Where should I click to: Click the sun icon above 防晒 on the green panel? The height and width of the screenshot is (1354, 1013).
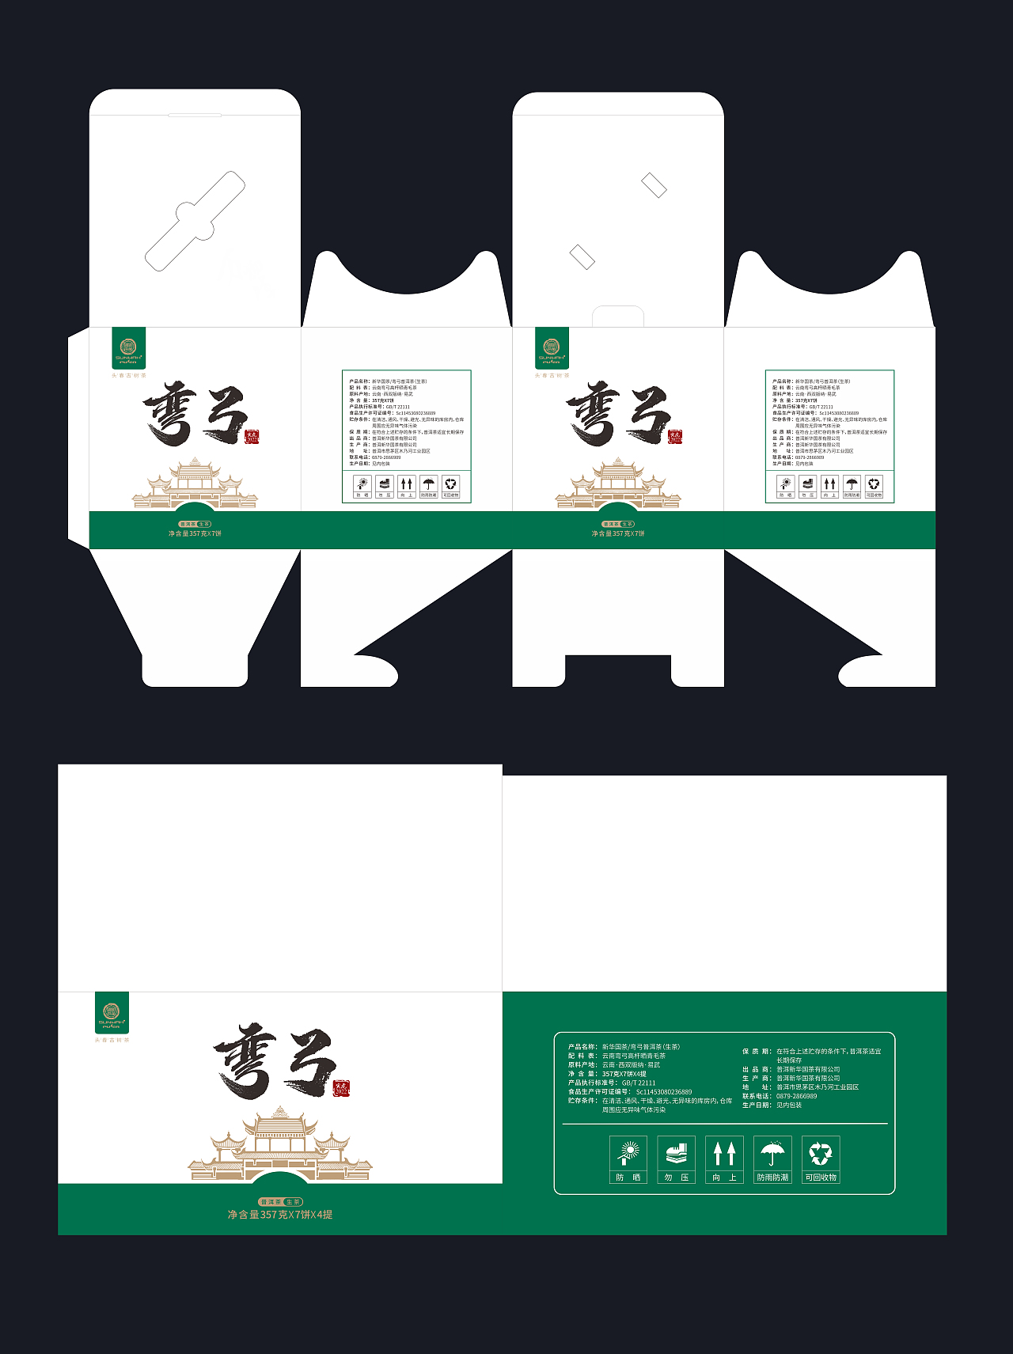[x=628, y=1152]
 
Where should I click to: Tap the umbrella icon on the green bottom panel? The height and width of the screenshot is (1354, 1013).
[x=772, y=1152]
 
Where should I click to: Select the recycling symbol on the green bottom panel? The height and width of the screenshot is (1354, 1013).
[x=821, y=1152]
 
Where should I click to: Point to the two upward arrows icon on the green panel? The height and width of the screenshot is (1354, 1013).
[x=724, y=1152]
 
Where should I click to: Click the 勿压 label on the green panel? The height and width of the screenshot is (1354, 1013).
[x=676, y=1178]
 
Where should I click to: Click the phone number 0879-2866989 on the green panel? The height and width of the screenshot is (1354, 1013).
[x=796, y=1096]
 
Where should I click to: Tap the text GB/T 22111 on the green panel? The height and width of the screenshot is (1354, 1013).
[x=639, y=1083]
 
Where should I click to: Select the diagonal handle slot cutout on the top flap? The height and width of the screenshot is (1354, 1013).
[x=195, y=221]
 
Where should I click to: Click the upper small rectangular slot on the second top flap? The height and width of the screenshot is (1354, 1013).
[x=654, y=186]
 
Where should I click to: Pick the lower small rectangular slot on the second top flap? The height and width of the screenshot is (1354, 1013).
[x=582, y=256]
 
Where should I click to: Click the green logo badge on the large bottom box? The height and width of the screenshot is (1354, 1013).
[x=112, y=1013]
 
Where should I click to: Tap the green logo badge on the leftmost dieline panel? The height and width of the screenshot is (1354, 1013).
[x=128, y=348]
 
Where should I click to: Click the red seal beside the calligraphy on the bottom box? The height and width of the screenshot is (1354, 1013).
[x=341, y=1087]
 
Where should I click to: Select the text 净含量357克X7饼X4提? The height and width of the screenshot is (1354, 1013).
[x=280, y=1215]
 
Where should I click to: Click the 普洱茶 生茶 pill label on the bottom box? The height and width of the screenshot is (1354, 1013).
[x=280, y=1201]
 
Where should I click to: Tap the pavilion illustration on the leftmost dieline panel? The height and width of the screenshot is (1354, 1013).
[x=195, y=483]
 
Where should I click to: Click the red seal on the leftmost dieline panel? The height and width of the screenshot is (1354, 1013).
[x=252, y=437]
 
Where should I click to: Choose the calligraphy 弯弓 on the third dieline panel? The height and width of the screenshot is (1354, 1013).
[x=617, y=413]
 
